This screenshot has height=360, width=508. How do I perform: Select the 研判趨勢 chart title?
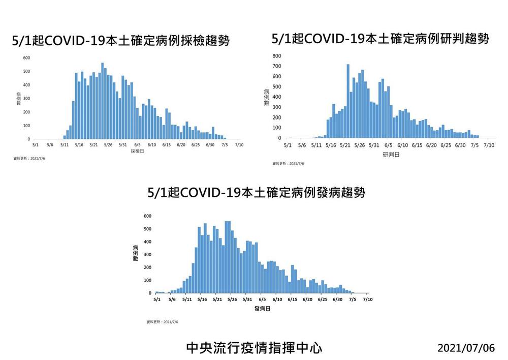[380, 39]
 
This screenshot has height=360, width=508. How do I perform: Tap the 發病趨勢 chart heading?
[256, 193]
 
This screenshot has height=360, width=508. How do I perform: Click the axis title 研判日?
[391, 154]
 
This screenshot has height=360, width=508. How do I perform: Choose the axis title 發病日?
[262, 309]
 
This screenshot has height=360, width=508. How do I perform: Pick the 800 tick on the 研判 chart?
[276, 56]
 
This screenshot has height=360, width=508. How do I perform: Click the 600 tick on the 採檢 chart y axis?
[26, 58]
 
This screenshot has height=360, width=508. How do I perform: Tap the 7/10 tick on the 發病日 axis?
[368, 300]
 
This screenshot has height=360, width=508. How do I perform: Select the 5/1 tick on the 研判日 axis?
[288, 145]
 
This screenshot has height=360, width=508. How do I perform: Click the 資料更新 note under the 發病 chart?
[162, 322]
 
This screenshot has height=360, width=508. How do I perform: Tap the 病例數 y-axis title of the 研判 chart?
[266, 97]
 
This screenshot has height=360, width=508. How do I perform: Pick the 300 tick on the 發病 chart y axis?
[148, 254]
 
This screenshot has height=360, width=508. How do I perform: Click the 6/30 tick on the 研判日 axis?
[460, 145]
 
